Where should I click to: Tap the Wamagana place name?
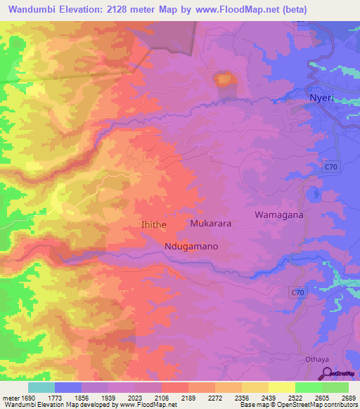tap(279, 215)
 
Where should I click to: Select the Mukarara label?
tap(211, 223)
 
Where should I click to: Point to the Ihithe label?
tap(154, 224)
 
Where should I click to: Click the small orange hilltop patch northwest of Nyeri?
tap(224, 79)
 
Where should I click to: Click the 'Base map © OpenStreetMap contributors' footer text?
tap(297, 404)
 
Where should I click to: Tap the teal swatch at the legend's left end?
tap(41, 387)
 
